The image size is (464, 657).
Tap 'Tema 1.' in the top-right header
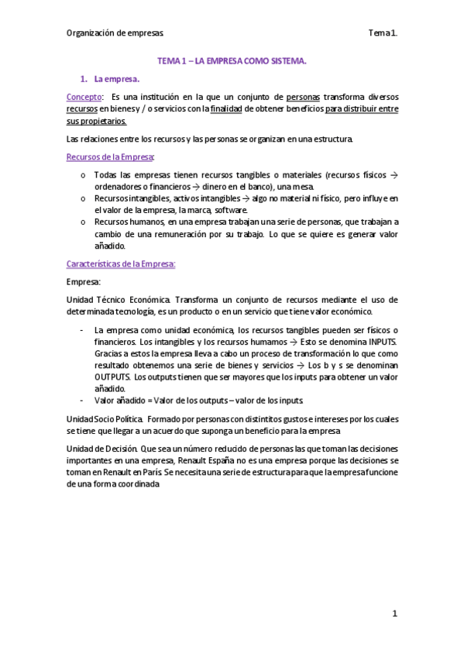tap(383, 33)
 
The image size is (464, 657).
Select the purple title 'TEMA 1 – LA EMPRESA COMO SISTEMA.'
tap(232, 60)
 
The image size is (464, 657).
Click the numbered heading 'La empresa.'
tap(116, 79)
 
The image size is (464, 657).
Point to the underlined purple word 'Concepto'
tap(84, 97)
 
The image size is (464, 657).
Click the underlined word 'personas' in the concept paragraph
tap(302, 97)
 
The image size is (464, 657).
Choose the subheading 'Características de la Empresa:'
tap(122, 263)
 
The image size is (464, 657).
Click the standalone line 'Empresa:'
tap(84, 282)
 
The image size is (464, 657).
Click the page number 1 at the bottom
tap(394, 614)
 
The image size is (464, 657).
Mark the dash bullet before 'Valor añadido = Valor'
tap(83, 400)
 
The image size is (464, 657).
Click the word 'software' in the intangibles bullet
tap(232, 209)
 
